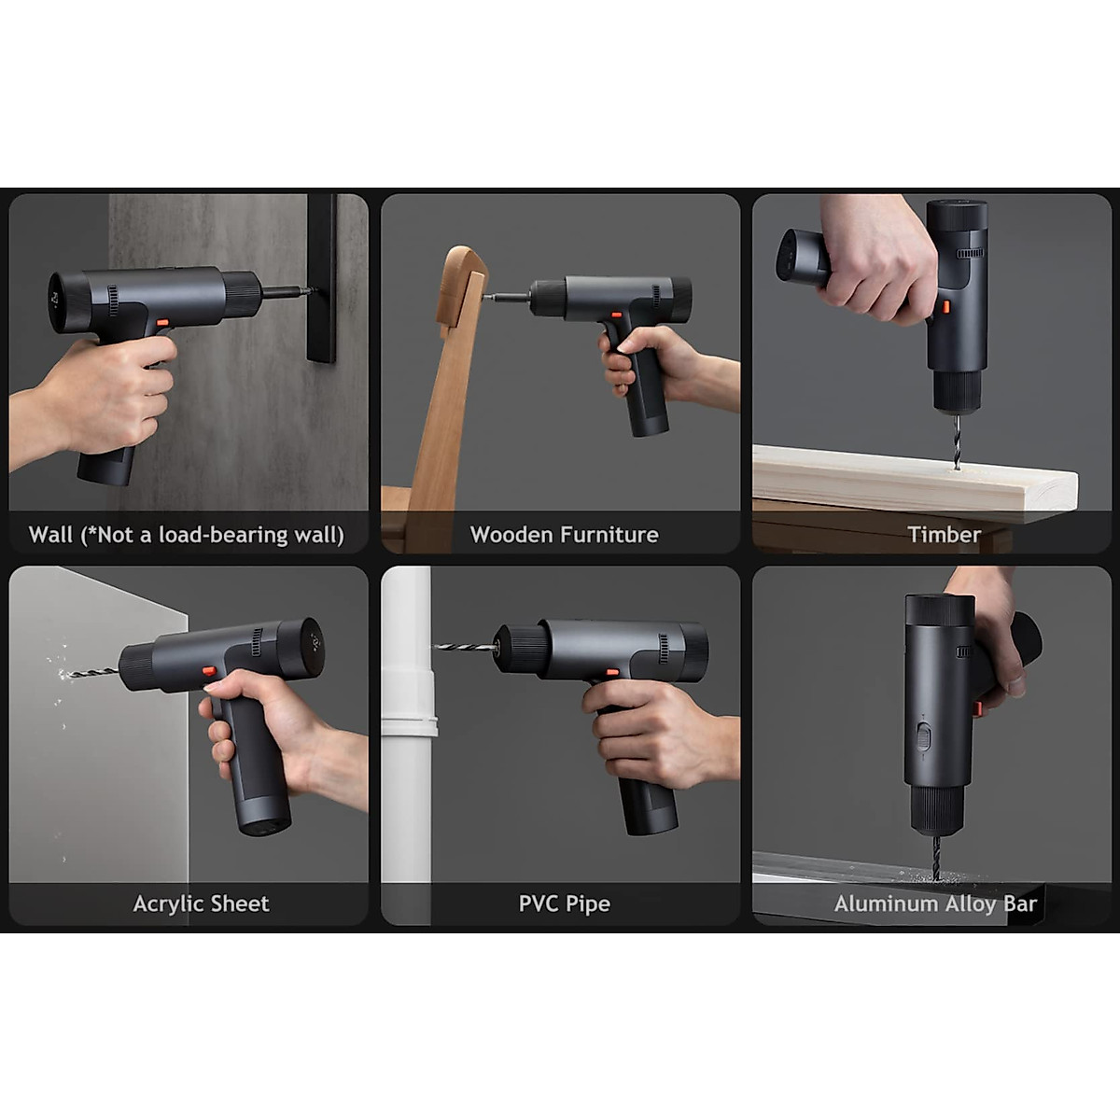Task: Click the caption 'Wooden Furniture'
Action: pos(564,535)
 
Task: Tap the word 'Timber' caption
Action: pos(944,535)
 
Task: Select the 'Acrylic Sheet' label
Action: pos(201,903)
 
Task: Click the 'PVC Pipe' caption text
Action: pos(564,903)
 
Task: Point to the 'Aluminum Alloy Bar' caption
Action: pos(935,903)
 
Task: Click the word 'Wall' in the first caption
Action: pos(50,535)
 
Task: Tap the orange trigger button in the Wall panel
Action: pos(162,323)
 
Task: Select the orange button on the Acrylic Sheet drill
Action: pos(209,670)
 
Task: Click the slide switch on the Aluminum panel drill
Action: pos(924,737)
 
